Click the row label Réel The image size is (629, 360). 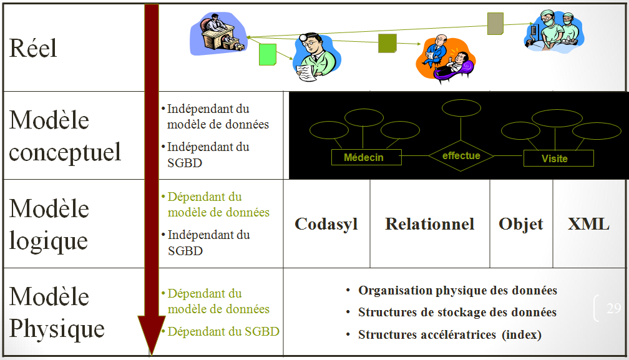click(x=33, y=48)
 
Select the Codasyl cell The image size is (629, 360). click(x=326, y=224)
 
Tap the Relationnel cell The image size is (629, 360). click(x=429, y=224)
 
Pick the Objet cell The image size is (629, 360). click(x=521, y=224)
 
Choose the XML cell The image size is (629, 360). click(x=588, y=224)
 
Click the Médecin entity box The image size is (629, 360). click(x=363, y=158)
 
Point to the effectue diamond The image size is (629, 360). click(x=461, y=156)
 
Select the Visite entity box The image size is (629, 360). click(x=558, y=158)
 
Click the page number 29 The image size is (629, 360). click(x=613, y=308)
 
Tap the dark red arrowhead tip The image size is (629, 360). click(x=150, y=352)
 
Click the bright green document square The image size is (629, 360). click(x=267, y=55)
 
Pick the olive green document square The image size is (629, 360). click(x=388, y=43)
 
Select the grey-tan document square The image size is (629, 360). click(x=495, y=24)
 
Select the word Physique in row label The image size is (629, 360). click(x=57, y=329)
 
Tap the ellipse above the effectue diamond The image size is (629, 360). click(x=461, y=108)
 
